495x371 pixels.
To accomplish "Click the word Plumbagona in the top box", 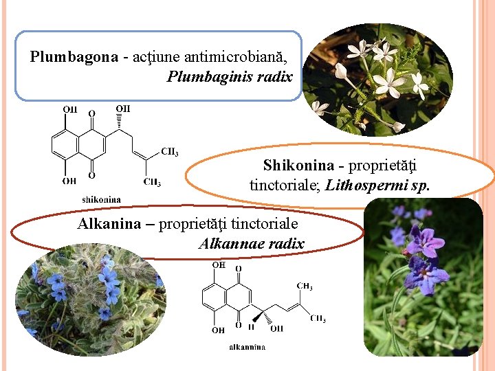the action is point(74,57).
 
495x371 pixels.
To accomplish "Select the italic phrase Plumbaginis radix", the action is point(230,76).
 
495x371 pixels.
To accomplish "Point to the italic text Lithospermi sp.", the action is point(374,185).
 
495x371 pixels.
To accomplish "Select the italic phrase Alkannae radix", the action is point(251,243).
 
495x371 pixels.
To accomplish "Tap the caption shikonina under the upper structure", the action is point(101,200).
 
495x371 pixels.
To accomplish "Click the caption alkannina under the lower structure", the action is point(247,348).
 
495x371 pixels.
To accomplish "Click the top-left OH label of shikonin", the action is point(70,109).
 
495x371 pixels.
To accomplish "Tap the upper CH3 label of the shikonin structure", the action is point(170,152).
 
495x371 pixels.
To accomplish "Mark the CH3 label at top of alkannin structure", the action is point(305,286).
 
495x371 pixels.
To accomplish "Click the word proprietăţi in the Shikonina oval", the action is point(383,166).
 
